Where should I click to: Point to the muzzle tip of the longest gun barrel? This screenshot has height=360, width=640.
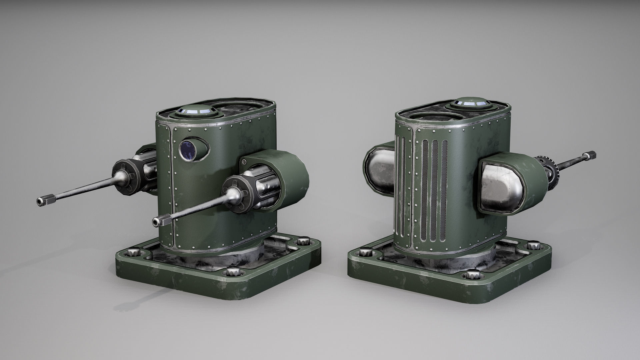click(40, 201)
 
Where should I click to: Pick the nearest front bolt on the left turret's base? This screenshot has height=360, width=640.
click(232, 280)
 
